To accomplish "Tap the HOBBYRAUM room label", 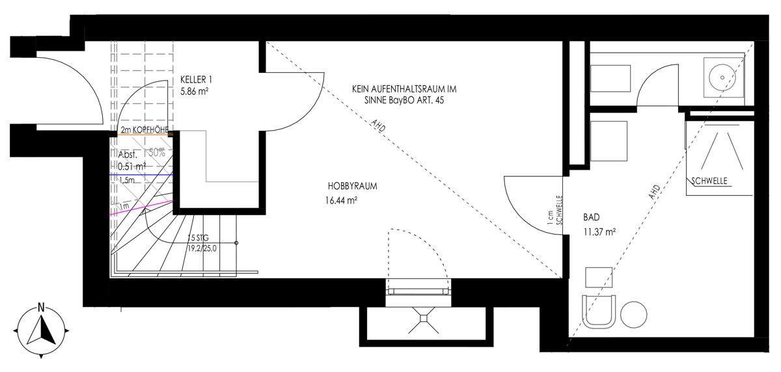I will (x=353, y=186).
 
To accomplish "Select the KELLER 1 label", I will (x=197, y=80).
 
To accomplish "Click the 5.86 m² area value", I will (x=194, y=92).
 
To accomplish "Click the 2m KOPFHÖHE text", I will (x=144, y=131).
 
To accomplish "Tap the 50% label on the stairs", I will (x=157, y=153).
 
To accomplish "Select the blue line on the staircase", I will (x=141, y=175).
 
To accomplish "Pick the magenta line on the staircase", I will (x=141, y=208).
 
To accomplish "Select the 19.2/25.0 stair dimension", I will (x=202, y=248).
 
